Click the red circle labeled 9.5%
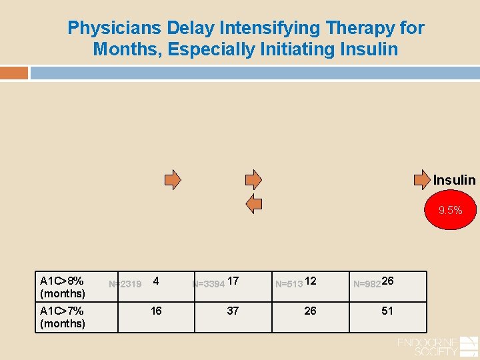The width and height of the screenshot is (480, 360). click(x=450, y=211)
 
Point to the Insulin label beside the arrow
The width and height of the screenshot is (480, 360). click(x=455, y=180)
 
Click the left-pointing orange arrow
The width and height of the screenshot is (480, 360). click(x=254, y=204)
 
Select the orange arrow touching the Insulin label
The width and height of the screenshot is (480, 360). click(x=423, y=179)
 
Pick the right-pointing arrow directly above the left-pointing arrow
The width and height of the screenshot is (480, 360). click(x=253, y=179)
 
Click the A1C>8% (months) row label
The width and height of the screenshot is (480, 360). click(x=63, y=287)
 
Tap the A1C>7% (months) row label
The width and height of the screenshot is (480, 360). click(x=63, y=317)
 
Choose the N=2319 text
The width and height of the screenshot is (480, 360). click(x=125, y=285)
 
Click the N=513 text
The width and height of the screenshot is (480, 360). click(x=289, y=284)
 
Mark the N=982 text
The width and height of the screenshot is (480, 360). click(x=367, y=284)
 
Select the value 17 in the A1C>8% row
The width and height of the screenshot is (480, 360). click(x=233, y=281)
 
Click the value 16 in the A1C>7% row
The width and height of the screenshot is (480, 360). click(x=156, y=311)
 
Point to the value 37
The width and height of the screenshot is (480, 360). click(x=233, y=311)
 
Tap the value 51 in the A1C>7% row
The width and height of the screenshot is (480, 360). click(x=387, y=311)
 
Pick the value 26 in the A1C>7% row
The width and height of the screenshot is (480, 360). click(x=310, y=311)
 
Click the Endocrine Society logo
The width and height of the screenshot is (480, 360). click(x=437, y=346)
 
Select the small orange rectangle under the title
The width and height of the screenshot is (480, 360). click(x=14, y=73)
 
